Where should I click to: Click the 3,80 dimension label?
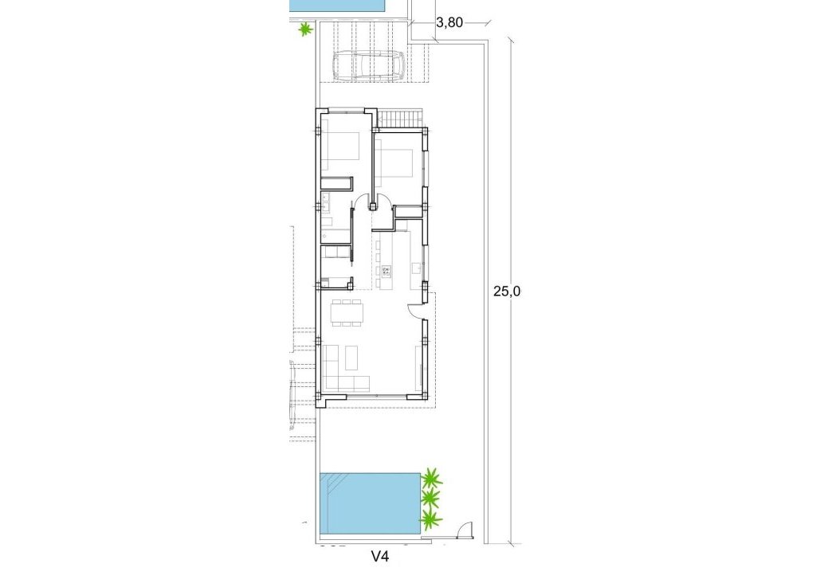pos(449,23)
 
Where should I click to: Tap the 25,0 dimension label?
pos(507,291)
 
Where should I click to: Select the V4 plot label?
pos(380,558)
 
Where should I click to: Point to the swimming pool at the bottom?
pos(369,503)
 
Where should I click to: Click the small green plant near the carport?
pos(304,31)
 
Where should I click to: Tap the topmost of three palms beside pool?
pos(431,479)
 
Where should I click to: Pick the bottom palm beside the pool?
pos(430,521)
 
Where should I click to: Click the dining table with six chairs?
pos(347,312)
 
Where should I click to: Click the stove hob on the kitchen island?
pos(386,271)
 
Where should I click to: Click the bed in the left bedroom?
pos(340,148)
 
